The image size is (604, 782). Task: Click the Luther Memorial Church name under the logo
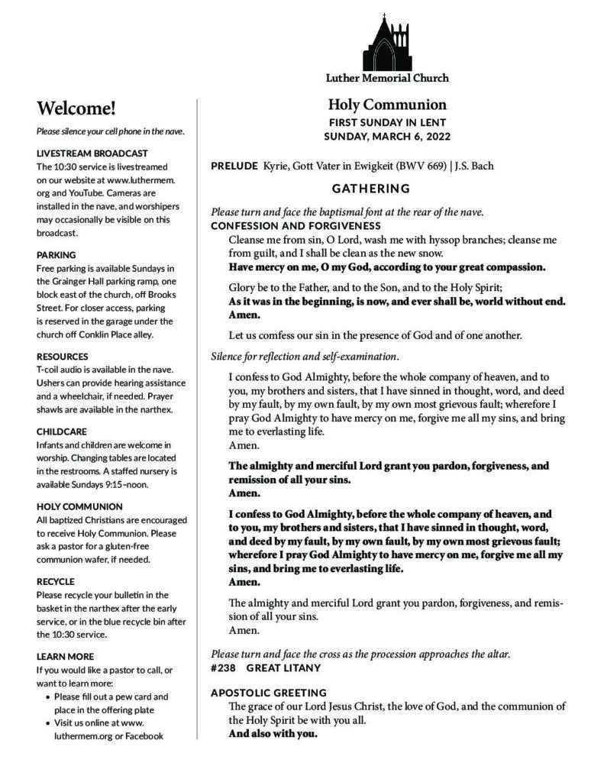point(387,78)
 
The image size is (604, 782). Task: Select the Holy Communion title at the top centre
point(387,105)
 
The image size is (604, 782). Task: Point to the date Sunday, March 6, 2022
point(387,137)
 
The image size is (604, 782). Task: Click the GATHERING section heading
point(371,188)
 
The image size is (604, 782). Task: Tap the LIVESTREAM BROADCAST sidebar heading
point(92,153)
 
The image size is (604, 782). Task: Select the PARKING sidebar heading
point(57,254)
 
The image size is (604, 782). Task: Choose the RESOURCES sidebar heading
point(63,356)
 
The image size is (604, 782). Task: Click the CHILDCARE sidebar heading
point(61,431)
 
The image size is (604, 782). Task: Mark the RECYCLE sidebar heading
point(56,581)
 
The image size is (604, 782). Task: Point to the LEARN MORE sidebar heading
point(66,656)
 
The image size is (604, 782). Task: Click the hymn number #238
point(223,667)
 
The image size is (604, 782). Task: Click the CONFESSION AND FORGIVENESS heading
point(296,226)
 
